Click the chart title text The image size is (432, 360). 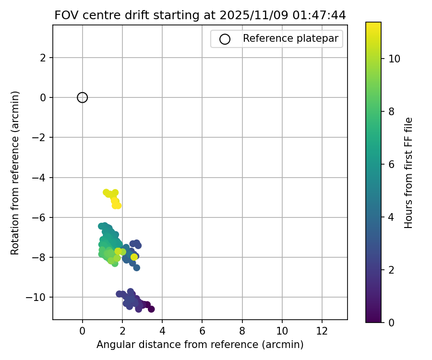pos(200,15)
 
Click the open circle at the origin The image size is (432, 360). pos(83,97)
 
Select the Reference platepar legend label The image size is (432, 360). pos(290,38)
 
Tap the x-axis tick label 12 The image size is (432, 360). pos(322,331)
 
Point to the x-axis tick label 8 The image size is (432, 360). pos(242,331)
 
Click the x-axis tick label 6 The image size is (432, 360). pos(202,331)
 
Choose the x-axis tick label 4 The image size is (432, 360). pos(162,331)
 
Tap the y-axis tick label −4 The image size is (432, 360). pos(42,178)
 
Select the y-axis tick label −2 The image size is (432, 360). pos(42,138)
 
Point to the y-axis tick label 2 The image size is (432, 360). pos(45,58)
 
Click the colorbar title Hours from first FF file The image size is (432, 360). pos(408,172)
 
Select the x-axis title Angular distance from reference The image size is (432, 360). pos(200,345)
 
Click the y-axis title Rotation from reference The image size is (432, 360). pos(15,172)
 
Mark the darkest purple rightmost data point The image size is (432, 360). pos(151,309)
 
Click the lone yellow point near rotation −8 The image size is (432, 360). pos(134,257)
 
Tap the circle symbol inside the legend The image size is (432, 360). pos(225,39)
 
